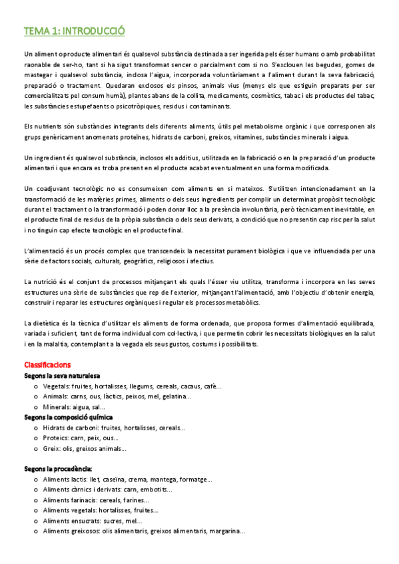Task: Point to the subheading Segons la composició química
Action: coord(68,417)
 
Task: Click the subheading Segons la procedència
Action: coord(58,469)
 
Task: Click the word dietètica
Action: coord(46,323)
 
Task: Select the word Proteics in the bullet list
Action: coord(56,438)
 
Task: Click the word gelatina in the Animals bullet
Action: coord(175,396)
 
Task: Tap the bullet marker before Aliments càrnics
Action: coord(35,490)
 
